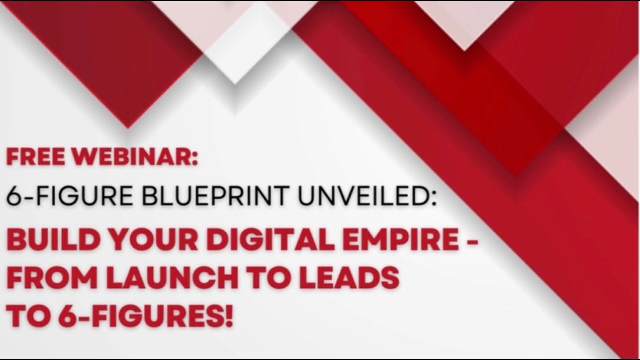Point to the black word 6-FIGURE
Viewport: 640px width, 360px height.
click(70, 196)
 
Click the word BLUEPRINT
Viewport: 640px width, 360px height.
click(215, 196)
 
